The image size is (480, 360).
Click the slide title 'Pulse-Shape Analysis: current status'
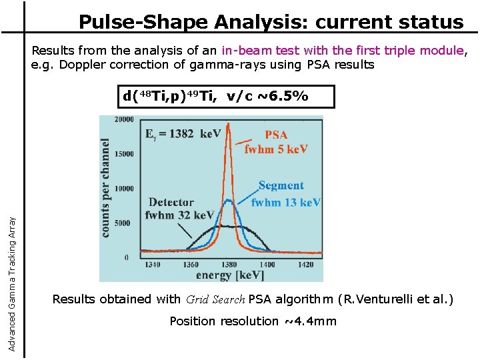click(x=271, y=22)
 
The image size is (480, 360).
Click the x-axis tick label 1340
click(x=152, y=265)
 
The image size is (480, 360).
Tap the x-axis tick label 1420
click(x=305, y=265)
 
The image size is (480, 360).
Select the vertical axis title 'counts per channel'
click(x=106, y=187)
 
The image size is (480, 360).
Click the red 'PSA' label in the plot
click(x=276, y=135)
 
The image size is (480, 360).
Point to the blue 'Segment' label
click(x=281, y=186)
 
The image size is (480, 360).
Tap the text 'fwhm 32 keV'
click(x=179, y=215)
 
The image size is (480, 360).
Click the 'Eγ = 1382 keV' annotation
click(x=183, y=133)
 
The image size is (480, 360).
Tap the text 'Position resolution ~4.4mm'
click(x=253, y=321)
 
